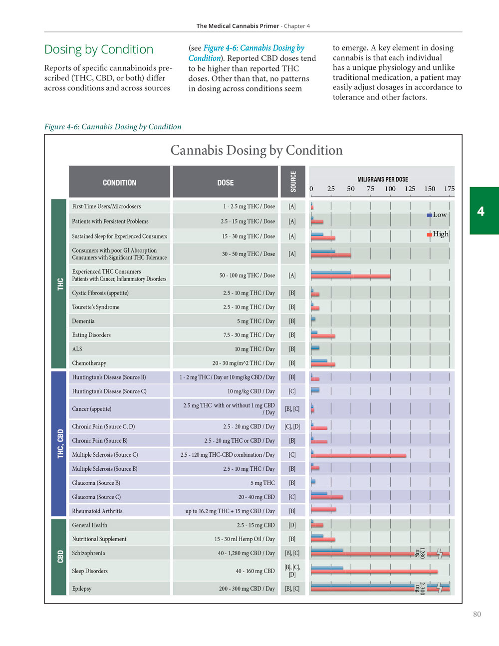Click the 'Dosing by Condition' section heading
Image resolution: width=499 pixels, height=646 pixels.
[x=99, y=49]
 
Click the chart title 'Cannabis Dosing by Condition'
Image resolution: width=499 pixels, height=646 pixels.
[x=256, y=150]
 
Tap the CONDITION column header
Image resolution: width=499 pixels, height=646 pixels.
[x=119, y=183]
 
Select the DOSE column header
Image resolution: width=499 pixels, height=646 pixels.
[x=225, y=183]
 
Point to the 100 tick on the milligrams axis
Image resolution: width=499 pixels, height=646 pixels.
[x=390, y=189]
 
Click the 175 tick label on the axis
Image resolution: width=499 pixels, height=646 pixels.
[x=449, y=189]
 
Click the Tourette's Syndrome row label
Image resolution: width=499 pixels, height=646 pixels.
[x=96, y=307]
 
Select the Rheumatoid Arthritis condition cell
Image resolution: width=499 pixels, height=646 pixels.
[x=97, y=511]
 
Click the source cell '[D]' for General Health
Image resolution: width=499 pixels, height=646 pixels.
[x=292, y=525]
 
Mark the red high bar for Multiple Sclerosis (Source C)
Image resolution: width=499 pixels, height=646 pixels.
[x=358, y=456]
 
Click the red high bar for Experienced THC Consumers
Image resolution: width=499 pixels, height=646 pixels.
[x=350, y=276]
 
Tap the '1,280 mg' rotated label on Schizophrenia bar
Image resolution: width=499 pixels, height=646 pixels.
[x=420, y=553]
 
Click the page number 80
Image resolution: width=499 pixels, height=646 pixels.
[x=477, y=615]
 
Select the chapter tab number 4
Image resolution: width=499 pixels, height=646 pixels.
[x=481, y=211]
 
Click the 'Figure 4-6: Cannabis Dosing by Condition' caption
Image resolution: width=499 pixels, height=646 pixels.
[x=113, y=127]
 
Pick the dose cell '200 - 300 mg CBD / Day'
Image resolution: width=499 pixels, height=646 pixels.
[x=247, y=589]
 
